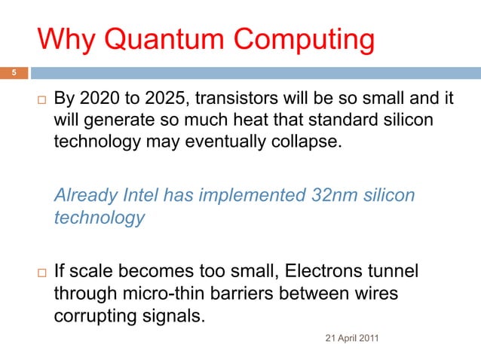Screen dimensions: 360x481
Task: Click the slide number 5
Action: (12, 73)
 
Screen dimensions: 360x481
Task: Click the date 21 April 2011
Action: (352, 337)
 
